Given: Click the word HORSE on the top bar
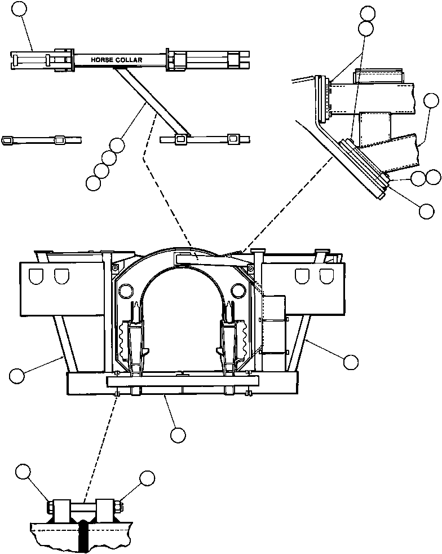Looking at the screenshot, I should pos(103,59).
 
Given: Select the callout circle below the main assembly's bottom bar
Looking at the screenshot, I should pos(178,434).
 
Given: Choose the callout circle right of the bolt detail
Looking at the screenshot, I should pos(147,478).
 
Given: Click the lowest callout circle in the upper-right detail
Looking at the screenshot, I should pos(427,210).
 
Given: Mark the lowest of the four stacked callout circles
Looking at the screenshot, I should pos(93,182).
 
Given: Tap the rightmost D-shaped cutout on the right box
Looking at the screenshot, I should pos(325,276).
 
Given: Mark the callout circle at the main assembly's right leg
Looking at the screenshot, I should pos(351,362).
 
